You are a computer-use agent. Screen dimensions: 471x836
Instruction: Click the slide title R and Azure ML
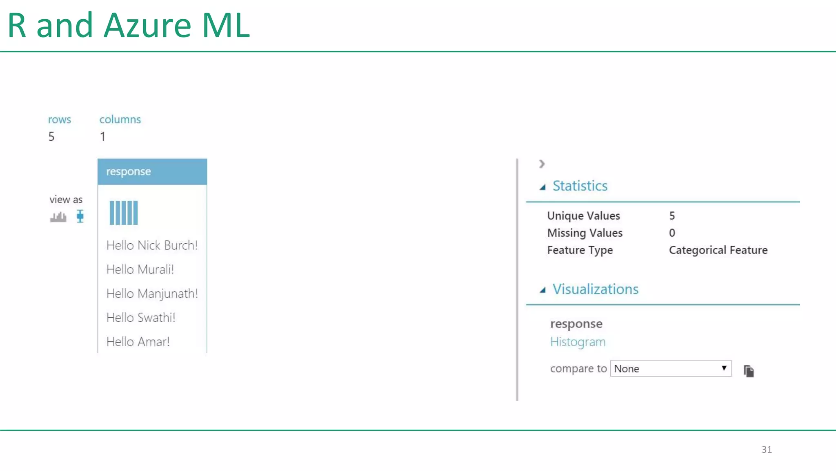(129, 25)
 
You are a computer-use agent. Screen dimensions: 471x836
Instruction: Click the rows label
(60, 119)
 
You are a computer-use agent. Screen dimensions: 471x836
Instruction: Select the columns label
(120, 119)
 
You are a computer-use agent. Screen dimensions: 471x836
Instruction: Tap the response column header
(152, 172)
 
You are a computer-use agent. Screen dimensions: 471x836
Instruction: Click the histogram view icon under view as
(58, 217)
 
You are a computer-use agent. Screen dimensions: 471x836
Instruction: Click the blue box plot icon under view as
(80, 216)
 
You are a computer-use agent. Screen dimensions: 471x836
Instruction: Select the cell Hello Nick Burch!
(152, 245)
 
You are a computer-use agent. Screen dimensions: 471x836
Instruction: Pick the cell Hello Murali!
(140, 269)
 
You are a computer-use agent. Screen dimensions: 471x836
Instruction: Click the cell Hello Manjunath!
(152, 294)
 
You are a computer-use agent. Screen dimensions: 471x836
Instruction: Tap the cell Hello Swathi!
(141, 318)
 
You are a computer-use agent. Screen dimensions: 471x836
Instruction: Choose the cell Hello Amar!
(138, 342)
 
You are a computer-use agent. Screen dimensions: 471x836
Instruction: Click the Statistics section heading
(580, 186)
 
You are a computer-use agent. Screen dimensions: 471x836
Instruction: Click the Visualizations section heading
(595, 289)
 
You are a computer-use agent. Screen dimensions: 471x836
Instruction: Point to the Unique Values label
(583, 216)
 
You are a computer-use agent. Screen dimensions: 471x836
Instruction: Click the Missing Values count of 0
(672, 233)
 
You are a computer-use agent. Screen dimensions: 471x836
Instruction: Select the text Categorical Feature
(718, 250)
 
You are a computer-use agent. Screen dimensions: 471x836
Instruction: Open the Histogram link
(578, 342)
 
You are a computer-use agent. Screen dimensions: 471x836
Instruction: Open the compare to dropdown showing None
(671, 368)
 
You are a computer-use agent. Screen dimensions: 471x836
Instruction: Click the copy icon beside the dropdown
(749, 371)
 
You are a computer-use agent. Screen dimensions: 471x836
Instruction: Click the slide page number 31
(766, 449)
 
